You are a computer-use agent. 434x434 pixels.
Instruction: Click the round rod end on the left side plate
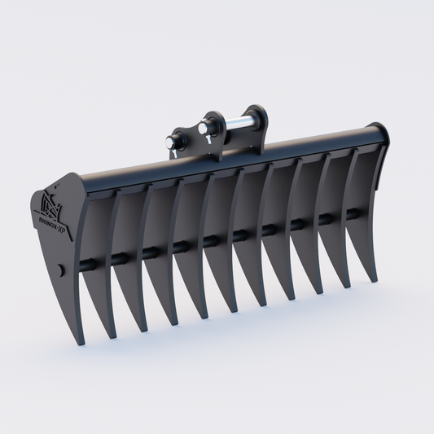click(61, 268)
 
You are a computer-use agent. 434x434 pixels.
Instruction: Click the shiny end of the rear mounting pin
click(202, 128)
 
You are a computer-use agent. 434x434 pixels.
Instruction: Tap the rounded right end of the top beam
click(379, 134)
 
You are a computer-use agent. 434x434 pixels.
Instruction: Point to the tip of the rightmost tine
click(375, 281)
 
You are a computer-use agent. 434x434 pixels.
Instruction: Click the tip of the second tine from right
click(349, 287)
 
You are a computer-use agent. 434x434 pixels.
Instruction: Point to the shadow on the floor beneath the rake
click(244, 326)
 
